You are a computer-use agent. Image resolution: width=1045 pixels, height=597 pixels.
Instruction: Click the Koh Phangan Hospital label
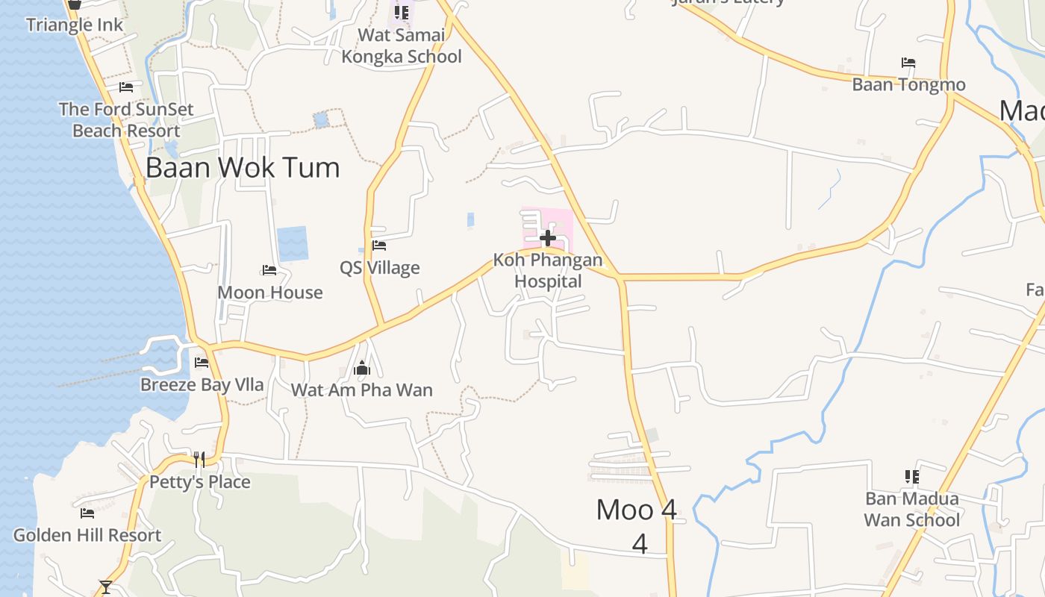click(548, 271)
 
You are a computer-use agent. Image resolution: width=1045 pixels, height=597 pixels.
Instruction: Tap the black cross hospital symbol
click(548, 238)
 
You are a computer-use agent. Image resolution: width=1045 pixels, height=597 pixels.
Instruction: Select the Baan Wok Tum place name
click(243, 167)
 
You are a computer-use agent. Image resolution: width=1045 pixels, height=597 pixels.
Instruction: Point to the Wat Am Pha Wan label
click(362, 390)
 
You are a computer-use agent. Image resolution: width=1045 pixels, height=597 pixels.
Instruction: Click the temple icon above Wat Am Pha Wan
click(362, 368)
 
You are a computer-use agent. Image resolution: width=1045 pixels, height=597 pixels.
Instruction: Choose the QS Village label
click(380, 268)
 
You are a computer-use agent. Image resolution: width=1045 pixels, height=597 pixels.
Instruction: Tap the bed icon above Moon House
click(269, 270)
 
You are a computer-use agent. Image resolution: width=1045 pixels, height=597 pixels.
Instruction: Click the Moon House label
click(270, 293)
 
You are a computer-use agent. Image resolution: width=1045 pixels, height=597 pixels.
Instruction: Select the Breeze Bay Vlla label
click(202, 385)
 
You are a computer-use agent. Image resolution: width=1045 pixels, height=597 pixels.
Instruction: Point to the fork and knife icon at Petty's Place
click(199, 459)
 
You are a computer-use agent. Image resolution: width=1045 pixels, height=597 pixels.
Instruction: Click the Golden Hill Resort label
click(87, 535)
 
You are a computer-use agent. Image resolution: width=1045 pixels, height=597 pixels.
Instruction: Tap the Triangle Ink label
click(75, 25)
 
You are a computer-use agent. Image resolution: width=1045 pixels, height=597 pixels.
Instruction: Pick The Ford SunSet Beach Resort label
click(126, 119)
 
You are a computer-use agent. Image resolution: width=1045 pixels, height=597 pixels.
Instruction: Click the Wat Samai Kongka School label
click(402, 46)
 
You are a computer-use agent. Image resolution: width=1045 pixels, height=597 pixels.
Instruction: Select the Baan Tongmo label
click(908, 84)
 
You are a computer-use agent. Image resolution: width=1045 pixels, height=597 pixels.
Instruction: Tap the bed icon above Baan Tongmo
click(908, 63)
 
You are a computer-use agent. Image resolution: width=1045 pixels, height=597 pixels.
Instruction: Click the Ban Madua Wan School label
click(911, 509)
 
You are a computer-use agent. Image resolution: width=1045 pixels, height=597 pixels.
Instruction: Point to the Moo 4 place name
click(637, 510)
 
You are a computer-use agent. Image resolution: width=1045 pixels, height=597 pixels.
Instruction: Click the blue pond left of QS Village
click(293, 243)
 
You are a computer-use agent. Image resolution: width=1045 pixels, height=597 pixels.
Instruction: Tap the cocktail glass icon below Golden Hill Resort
click(106, 587)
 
